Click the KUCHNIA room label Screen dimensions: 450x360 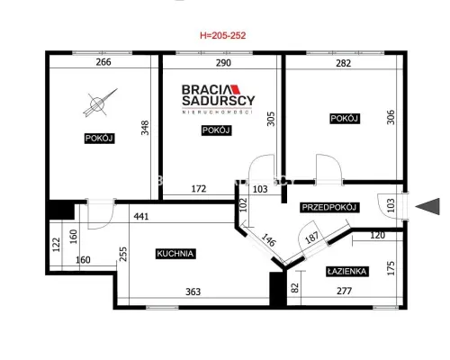[175, 254]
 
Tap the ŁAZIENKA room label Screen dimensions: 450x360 [347, 272]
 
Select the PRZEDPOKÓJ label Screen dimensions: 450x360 [329, 207]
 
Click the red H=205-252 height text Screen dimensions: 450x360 [223, 35]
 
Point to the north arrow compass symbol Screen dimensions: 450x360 [99, 103]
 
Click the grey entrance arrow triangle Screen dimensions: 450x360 [428, 206]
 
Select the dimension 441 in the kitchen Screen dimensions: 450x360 [141, 216]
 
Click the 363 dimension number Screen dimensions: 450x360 [193, 292]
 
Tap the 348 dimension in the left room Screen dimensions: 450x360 [145, 128]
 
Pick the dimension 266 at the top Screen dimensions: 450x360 [103, 62]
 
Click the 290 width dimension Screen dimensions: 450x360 [223, 63]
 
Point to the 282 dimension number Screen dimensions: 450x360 [344, 63]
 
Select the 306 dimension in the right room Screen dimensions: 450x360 [391, 117]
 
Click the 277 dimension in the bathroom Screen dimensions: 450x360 [344, 291]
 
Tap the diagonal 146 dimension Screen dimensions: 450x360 [268, 240]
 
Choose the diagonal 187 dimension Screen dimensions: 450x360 [311, 238]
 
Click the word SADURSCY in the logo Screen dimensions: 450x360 [219, 101]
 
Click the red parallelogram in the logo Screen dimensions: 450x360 [236, 89]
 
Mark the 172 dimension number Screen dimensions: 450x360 [199, 189]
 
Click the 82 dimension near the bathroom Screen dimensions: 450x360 [295, 287]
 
